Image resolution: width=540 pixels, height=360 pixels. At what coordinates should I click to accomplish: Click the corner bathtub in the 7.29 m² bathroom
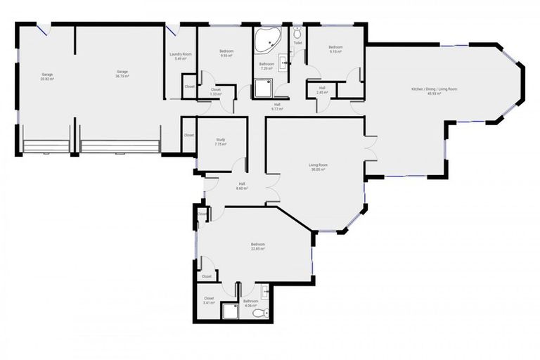tap(266, 40)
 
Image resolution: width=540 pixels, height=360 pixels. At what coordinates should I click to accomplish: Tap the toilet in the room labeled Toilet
tap(298, 33)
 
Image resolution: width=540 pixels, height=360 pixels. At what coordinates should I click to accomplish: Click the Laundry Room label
tap(181, 56)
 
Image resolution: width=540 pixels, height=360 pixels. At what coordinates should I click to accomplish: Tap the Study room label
tap(221, 142)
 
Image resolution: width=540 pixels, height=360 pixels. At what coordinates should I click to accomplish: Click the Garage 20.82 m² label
tap(47, 76)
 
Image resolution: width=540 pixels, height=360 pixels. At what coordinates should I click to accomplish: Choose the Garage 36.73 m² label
tap(122, 74)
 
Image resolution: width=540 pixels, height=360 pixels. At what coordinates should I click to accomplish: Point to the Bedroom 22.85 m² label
tap(257, 247)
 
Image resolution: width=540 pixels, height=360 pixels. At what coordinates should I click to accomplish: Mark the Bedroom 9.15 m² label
tap(335, 49)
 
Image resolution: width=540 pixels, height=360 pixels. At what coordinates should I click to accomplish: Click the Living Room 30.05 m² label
tap(319, 167)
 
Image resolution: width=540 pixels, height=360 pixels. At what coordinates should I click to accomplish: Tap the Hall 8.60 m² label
tap(241, 186)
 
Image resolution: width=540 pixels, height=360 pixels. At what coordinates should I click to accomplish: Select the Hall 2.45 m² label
tap(322, 90)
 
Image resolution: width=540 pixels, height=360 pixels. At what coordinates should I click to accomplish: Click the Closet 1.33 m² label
tap(216, 92)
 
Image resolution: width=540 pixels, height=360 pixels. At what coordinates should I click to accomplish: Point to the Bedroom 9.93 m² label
tap(226, 53)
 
